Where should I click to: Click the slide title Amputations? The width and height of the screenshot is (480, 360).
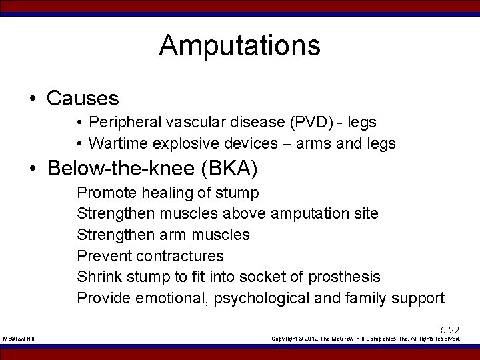point(239,46)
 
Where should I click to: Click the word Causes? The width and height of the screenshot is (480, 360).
point(83,99)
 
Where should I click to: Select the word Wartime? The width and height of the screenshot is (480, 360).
point(115,143)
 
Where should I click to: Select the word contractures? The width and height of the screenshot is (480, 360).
point(179,256)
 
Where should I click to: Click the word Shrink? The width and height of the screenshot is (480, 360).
point(97,277)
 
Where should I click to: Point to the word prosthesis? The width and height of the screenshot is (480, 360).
point(347,277)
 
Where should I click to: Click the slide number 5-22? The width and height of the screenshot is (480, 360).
point(449,329)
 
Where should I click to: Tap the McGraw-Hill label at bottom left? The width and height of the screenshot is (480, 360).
point(19,339)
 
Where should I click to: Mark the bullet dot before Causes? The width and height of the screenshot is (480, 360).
point(32,99)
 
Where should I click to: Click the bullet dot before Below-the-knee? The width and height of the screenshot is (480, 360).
point(32,169)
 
